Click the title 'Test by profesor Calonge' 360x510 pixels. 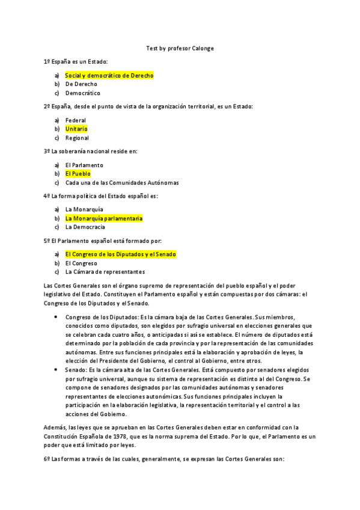[x=180, y=49]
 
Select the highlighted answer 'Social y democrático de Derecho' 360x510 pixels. [x=109, y=76]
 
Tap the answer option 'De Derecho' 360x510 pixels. [x=81, y=84]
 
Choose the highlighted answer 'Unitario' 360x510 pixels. [x=76, y=129]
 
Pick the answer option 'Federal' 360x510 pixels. [x=76, y=120]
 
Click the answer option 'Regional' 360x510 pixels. [x=77, y=138]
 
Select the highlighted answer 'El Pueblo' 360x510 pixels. [x=78, y=174]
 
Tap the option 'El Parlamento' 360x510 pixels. [x=84, y=165]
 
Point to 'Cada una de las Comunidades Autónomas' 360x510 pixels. [x=122, y=183]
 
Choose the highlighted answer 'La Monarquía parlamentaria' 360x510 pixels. [x=104, y=218]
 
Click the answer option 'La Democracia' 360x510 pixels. [x=85, y=227]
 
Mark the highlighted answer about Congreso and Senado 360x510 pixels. [x=120, y=254]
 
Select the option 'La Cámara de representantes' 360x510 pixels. [x=105, y=272]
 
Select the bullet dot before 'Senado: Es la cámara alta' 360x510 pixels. [x=56, y=370]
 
